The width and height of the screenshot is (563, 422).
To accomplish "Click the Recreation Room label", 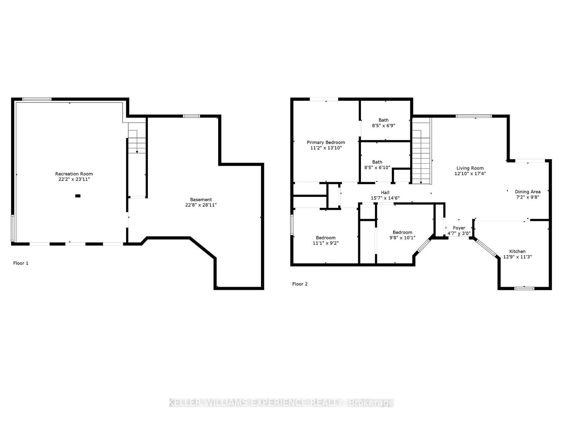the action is tap(74, 174).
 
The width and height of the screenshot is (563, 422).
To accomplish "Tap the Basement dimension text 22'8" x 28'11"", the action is tap(201, 205).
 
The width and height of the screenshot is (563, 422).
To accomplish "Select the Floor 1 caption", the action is tap(21, 263).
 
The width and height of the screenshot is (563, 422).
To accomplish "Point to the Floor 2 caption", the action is tap(300, 284).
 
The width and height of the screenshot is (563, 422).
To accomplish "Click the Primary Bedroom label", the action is tap(326, 142).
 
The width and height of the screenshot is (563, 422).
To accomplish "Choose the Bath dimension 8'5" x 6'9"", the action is tap(383, 126).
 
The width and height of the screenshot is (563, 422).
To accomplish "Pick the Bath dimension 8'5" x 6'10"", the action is tap(377, 167).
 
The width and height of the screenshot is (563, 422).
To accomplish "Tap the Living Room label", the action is tap(470, 168).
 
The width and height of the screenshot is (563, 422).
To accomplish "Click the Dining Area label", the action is tap(527, 192).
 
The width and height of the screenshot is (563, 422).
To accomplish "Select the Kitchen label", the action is tap(517, 251).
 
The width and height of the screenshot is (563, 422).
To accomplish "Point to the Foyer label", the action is tap(459, 228).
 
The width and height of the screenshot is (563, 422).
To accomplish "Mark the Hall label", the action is tap(385, 193).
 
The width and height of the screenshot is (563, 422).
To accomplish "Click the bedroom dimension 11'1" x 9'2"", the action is tap(325, 243).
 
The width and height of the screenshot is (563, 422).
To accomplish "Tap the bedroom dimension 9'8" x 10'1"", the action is tap(402, 238).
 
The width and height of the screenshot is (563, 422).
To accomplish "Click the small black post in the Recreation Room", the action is tap(78, 196).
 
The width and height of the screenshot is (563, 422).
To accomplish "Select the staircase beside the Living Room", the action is tap(421, 151).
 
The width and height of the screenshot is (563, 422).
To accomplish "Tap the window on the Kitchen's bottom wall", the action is tap(524, 288).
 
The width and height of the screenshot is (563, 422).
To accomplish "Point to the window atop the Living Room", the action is tap(474, 116).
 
